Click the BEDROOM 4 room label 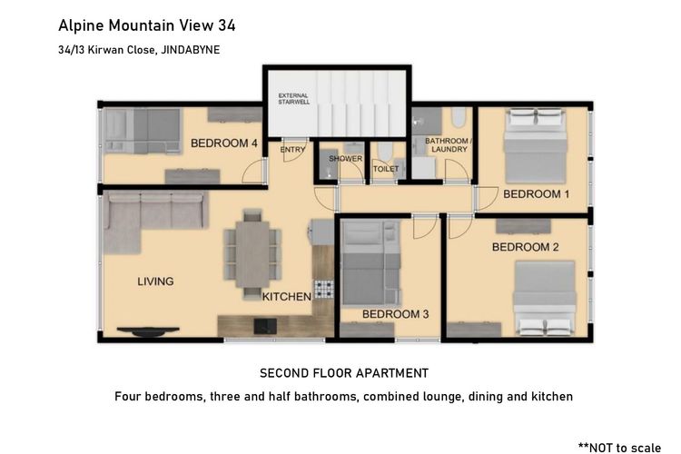tap(224, 143)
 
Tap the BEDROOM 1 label tap(536, 194)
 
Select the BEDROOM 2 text tap(525, 247)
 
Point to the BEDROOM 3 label tap(395, 314)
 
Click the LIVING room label tap(155, 281)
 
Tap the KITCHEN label tap(287, 297)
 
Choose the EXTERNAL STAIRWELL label tap(293, 99)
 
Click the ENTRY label tap(292, 150)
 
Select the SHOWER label tap(345, 159)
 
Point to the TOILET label tap(386, 169)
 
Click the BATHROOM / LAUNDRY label tap(449, 145)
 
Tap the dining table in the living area tap(252, 253)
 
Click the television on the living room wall tap(148, 332)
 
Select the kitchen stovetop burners tap(324, 289)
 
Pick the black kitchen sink tap(265, 326)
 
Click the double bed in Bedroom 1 tap(535, 146)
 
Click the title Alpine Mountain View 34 tap(147, 25)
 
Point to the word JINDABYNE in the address tap(191, 50)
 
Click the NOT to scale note tap(619, 448)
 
